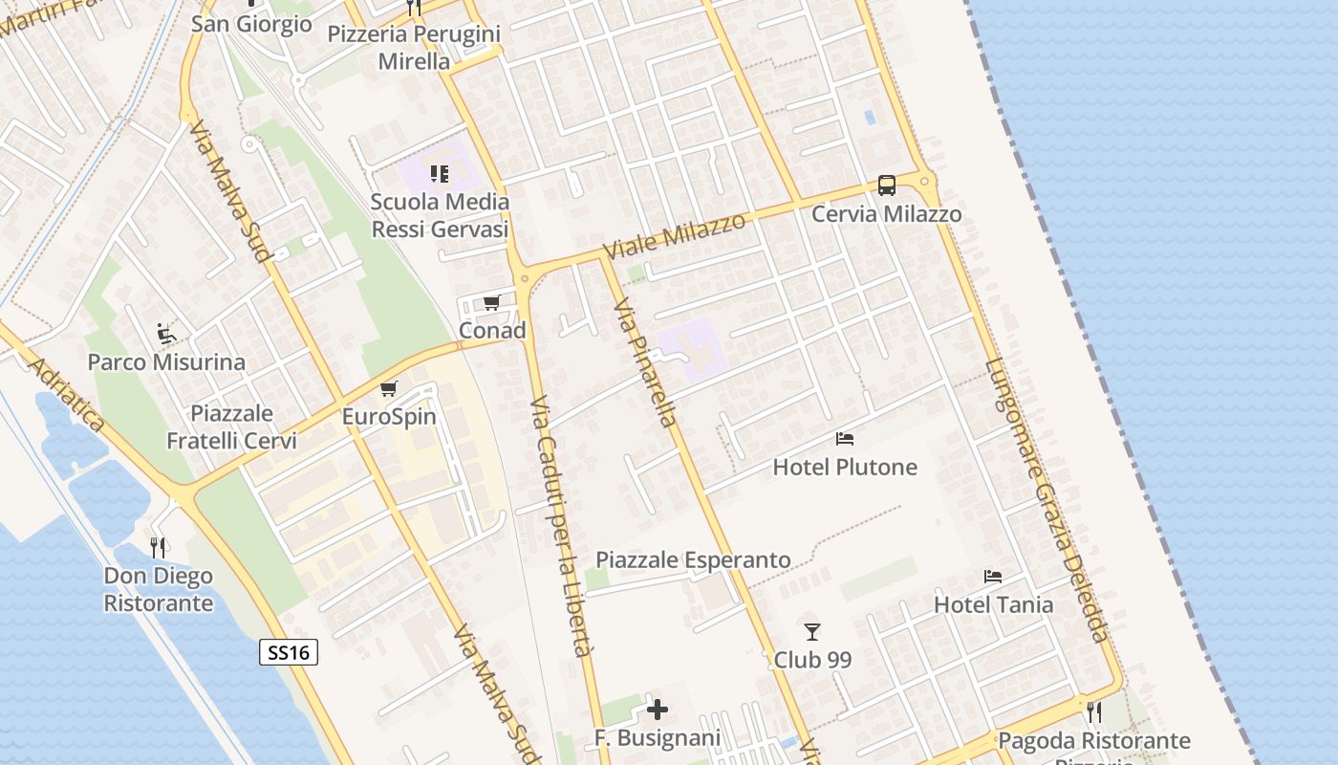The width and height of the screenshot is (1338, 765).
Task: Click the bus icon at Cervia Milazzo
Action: pos(886,186)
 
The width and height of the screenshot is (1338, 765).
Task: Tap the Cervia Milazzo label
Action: pos(886,214)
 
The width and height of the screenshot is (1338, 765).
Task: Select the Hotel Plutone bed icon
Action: pos(845,439)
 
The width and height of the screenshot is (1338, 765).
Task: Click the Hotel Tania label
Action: pos(993,604)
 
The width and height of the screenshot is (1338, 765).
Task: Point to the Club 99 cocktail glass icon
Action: pos(812,632)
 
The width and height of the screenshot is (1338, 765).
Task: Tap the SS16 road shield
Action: pos(288,653)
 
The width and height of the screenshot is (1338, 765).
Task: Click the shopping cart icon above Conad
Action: pos(492,303)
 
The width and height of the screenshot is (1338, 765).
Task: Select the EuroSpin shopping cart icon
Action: pos(388,389)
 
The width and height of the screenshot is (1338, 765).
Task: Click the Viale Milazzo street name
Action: pos(675,236)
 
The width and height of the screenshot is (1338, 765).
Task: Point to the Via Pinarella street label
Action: pos(646,361)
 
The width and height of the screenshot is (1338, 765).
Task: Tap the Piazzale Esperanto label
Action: pos(693,560)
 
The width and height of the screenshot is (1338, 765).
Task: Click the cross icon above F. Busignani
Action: pos(658,710)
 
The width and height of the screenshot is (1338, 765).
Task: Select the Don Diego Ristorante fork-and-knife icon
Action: pos(158,548)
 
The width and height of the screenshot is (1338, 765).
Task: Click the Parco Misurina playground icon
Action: pos(166,334)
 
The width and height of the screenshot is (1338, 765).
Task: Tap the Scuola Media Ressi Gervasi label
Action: pos(440,216)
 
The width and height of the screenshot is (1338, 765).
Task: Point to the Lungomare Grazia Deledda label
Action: pos(1047,499)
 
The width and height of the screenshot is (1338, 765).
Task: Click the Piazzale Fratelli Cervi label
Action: pos(231,427)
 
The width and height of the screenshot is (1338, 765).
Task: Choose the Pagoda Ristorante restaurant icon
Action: pos(1094,712)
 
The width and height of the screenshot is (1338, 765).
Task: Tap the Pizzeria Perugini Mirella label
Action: pos(414,48)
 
